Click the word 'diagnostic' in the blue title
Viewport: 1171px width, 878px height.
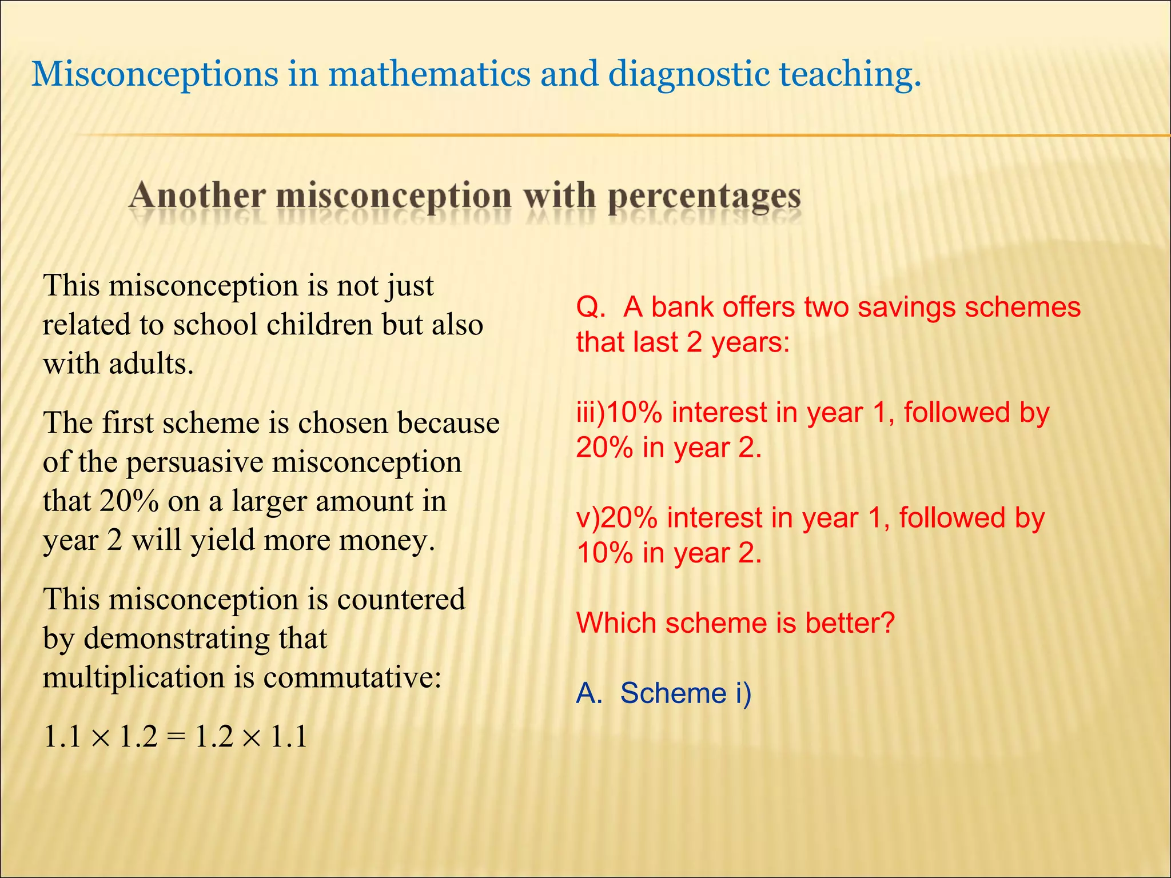pos(688,74)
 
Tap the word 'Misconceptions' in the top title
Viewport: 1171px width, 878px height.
pos(154,74)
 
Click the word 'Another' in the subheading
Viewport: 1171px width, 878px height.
pos(197,195)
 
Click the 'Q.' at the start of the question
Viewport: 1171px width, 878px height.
pos(591,308)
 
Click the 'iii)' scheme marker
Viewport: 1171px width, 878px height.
pos(590,413)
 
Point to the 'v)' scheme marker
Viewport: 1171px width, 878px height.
pos(588,518)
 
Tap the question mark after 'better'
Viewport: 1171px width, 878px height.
pos(887,623)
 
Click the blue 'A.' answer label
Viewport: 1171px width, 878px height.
pos(589,693)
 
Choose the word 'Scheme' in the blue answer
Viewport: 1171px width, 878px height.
pos(673,693)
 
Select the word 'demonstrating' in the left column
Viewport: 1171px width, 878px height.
pos(177,638)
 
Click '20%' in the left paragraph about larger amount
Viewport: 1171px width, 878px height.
pos(129,501)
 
